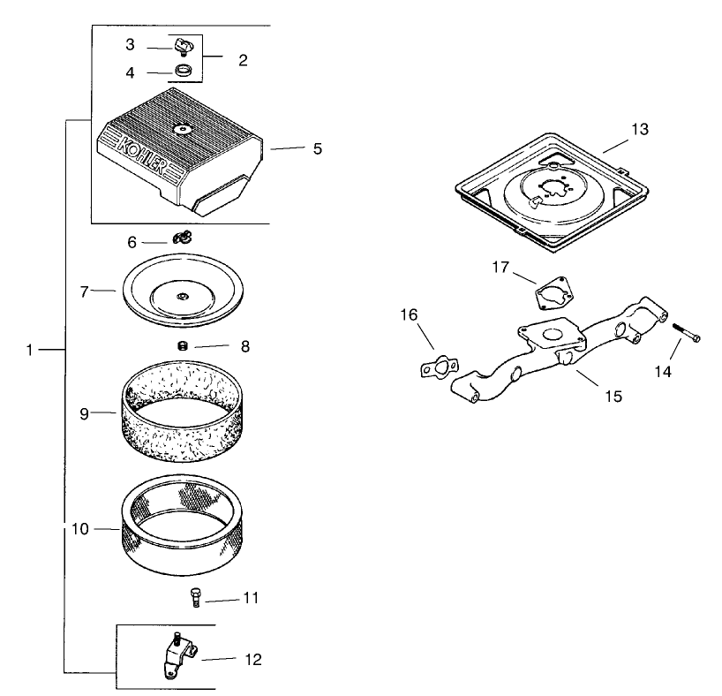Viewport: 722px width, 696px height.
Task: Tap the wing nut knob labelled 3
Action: click(184, 47)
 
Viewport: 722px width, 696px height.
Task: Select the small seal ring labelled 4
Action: click(184, 71)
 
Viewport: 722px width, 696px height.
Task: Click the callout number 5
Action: click(317, 149)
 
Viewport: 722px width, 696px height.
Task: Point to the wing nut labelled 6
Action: click(182, 238)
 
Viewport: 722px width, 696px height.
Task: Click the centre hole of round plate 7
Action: click(183, 297)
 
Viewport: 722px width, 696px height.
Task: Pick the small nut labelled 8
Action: click(183, 345)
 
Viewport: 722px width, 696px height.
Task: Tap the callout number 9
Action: click(84, 413)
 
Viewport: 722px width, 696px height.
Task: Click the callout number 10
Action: click(79, 529)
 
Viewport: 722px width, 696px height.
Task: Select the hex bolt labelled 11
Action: click(195, 597)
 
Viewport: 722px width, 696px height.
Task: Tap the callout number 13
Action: click(640, 129)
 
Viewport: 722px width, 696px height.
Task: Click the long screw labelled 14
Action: click(686, 332)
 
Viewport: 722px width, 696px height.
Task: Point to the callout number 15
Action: click(613, 396)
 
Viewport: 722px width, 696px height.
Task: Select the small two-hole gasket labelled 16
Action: click(440, 367)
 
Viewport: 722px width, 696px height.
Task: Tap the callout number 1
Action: click(29, 351)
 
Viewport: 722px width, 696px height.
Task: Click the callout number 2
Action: click(243, 60)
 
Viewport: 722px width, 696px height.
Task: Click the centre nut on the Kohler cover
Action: click(183, 130)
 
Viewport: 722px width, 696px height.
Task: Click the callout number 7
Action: click(84, 291)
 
